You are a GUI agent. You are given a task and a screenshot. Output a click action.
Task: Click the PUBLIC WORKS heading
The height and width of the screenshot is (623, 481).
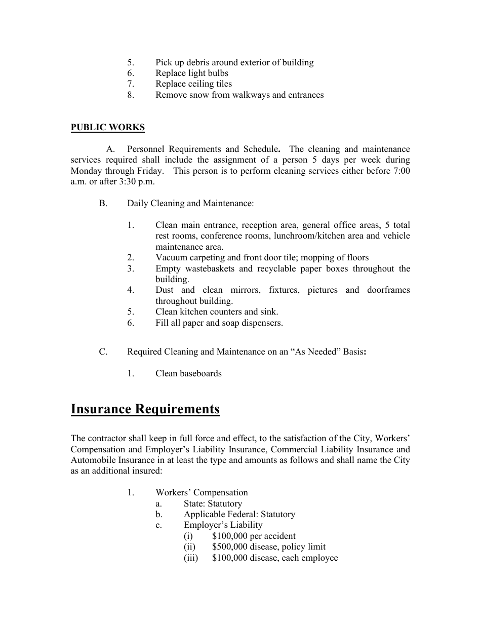point(107,127)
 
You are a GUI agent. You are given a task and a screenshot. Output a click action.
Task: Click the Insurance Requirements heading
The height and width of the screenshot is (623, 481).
point(145,409)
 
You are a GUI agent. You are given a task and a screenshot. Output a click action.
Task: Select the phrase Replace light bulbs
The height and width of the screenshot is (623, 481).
point(191,73)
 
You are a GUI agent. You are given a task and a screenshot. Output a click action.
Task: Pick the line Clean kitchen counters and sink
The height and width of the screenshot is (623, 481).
point(217,311)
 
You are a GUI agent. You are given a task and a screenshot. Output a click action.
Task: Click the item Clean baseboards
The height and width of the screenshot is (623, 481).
point(188,373)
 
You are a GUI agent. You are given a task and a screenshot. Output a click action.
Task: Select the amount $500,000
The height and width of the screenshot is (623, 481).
point(230,547)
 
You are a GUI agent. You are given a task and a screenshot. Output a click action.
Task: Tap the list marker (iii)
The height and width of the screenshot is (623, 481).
point(190,558)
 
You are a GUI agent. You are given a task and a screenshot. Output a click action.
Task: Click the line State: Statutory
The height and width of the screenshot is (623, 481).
point(213,503)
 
